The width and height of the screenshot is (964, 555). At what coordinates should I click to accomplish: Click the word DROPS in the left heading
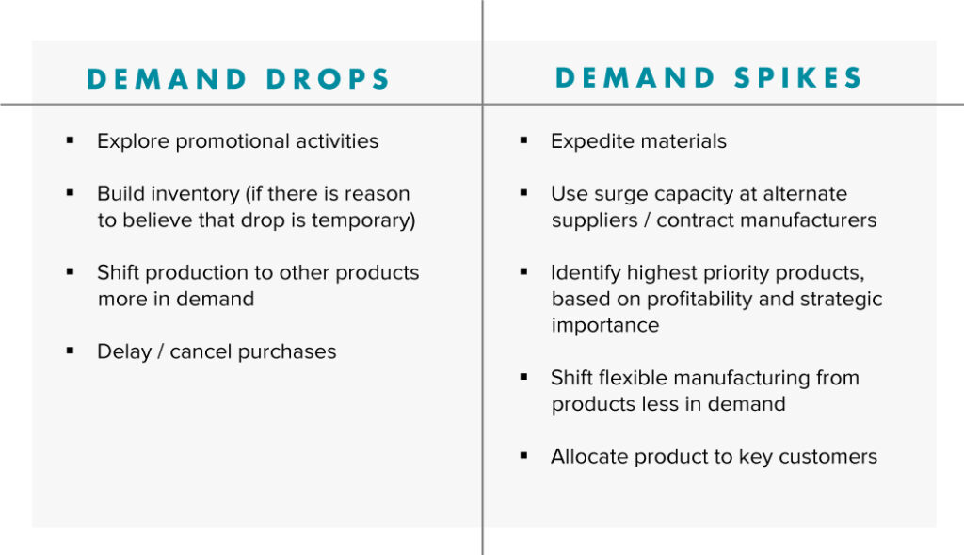pyautogui.click(x=329, y=79)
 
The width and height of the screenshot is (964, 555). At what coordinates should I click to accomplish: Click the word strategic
pyautogui.click(x=836, y=299)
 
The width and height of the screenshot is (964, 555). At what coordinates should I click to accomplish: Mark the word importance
pyautogui.click(x=605, y=325)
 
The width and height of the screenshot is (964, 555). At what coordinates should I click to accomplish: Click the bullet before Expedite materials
pyautogui.click(x=523, y=140)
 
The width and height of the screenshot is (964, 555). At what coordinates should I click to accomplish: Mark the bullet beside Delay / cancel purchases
pyautogui.click(x=70, y=351)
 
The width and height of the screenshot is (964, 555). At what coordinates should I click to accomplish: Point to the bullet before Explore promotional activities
pyautogui.click(x=70, y=140)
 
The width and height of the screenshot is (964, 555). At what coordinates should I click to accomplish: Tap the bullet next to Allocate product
pyautogui.click(x=523, y=456)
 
